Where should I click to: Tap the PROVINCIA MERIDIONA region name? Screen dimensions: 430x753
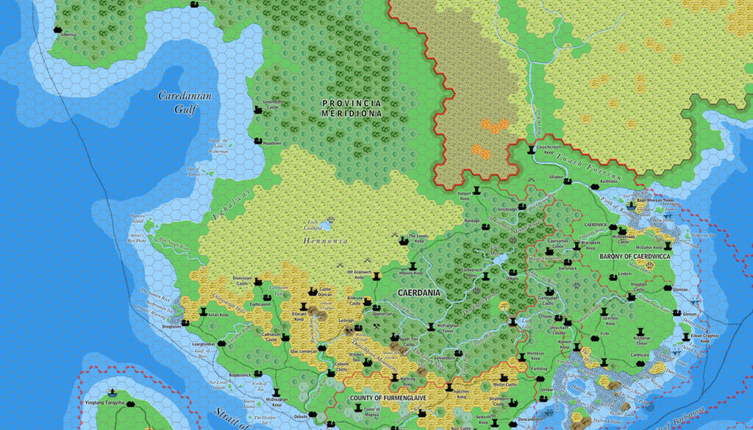click(351, 108)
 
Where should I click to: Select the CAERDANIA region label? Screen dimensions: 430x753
click(418, 293)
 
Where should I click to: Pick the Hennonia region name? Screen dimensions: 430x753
click(324, 240)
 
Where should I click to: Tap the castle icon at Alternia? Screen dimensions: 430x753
click(57, 29)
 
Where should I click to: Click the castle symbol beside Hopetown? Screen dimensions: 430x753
click(257, 140)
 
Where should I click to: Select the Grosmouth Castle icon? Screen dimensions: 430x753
click(258, 110)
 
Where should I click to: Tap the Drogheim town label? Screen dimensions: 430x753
click(171, 327)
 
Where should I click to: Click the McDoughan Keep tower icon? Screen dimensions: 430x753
click(276, 393)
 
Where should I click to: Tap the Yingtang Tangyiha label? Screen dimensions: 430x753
click(104, 404)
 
